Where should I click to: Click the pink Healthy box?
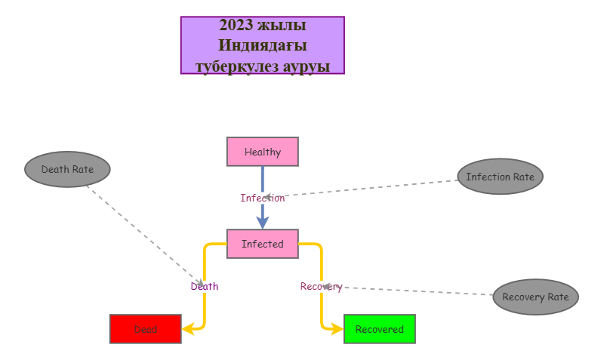coord(263,152)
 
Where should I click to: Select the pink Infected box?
coord(263,244)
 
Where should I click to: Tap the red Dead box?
coord(146,329)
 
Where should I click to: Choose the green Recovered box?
coord(380,329)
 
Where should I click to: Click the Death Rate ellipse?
coord(67,170)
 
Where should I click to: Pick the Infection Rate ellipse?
coord(500,177)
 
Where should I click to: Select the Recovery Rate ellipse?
coord(535,297)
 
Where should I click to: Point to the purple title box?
coord(263,45)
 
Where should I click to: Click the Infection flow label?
coord(263,198)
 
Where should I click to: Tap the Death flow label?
coord(205,286)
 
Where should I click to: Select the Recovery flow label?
coord(321,286)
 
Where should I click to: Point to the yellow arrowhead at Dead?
coord(189,329)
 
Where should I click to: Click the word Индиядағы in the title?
coord(263,45)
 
